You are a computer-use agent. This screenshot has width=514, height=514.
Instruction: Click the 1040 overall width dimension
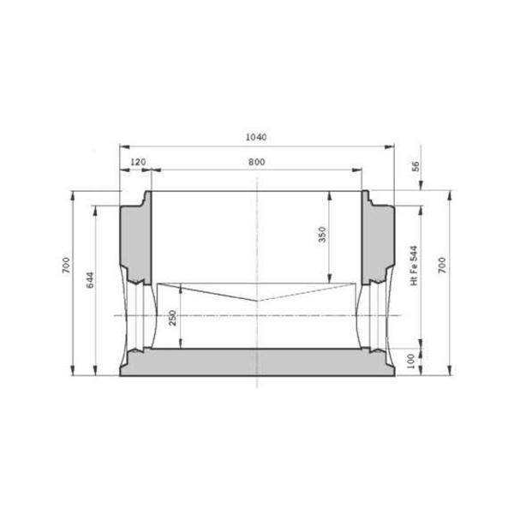pos(256,137)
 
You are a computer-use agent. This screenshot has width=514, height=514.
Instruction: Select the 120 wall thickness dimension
pos(136,161)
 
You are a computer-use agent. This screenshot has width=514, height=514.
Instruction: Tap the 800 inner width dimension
pos(256,161)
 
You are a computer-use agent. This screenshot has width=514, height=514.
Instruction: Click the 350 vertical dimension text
pos(322,235)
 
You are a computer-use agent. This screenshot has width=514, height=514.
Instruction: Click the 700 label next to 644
pos(66,266)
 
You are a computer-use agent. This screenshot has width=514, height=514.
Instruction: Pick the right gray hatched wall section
pos(379,240)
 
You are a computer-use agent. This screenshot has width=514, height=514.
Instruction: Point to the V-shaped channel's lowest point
pos(258,301)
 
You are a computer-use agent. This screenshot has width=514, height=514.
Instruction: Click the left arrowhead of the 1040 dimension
pos(122,146)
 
